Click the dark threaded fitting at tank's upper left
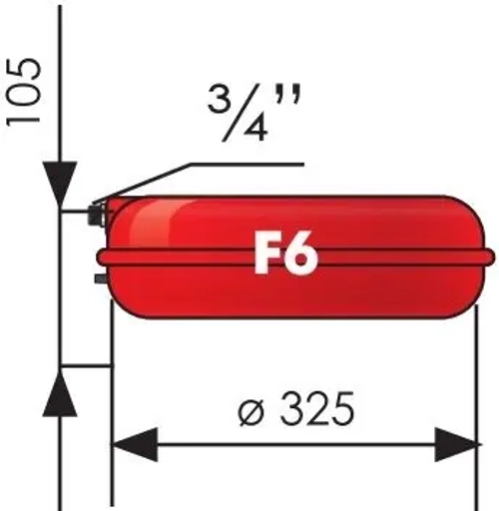tap(97, 212)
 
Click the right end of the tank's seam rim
tap(489, 256)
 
